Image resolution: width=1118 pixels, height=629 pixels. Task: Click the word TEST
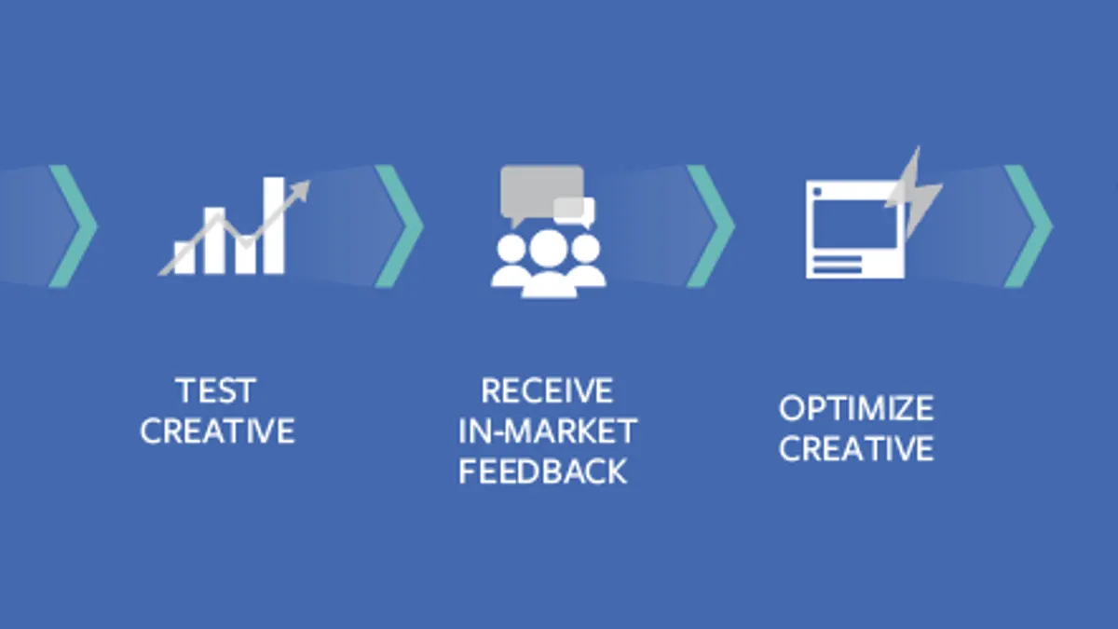point(215,390)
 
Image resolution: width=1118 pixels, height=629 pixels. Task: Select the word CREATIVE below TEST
point(218,431)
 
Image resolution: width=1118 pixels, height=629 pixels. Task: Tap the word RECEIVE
point(547,390)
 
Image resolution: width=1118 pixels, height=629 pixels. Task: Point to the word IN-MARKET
point(548,431)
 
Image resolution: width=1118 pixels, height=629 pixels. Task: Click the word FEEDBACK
point(542,472)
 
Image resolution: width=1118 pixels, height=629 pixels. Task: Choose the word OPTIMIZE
point(856,408)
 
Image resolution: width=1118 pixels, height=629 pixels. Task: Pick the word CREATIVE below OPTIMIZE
point(856,448)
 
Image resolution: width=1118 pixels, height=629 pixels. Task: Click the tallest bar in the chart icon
point(274,226)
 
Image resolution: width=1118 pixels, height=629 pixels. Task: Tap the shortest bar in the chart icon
point(184,257)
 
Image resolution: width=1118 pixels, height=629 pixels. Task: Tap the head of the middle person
point(549,249)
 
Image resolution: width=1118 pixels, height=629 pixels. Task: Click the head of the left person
point(511,249)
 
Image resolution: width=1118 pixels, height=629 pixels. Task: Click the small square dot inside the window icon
point(817,192)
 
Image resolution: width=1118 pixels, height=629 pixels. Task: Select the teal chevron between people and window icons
point(711,226)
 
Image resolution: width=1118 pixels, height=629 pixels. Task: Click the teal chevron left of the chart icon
point(74,226)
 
